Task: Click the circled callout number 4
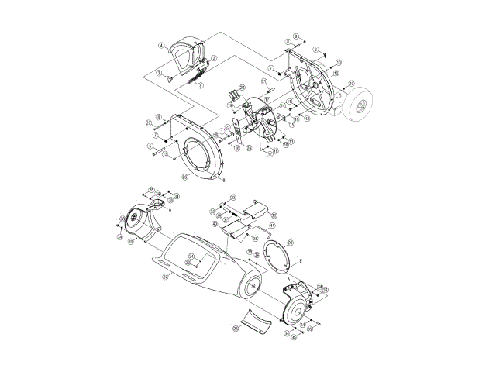pyautogui.click(x=162, y=46)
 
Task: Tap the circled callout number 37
pyautogui.click(x=165, y=275)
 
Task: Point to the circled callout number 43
pyautogui.click(x=214, y=223)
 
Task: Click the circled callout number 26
pyautogui.click(x=236, y=328)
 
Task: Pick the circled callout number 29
pyautogui.click(x=290, y=242)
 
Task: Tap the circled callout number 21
pyautogui.click(x=263, y=81)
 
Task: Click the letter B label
pyautogui.click(x=224, y=181)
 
